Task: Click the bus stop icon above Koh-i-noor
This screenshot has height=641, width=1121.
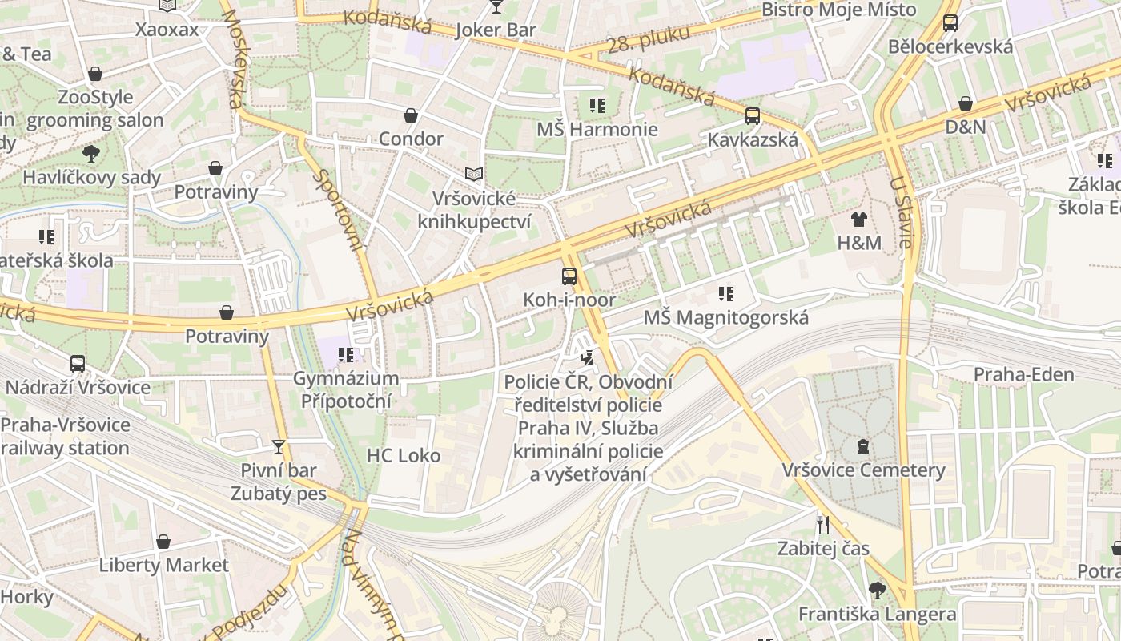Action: pos(569,276)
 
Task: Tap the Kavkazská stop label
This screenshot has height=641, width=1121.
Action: pos(752,139)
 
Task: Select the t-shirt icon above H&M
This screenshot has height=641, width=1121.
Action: pos(859,219)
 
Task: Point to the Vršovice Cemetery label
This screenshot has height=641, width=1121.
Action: pos(863,470)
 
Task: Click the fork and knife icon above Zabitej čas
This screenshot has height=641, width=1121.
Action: pos(822,525)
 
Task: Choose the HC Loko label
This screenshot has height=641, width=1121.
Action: pos(404,455)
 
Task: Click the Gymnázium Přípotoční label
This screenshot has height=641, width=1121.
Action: pos(346,389)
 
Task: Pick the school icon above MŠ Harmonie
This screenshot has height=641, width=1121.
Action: pos(597,106)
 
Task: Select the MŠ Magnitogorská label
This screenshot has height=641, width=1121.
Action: pos(726,317)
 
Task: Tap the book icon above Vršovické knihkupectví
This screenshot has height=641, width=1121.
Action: pos(474,174)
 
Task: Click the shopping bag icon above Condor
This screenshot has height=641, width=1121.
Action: pos(411,116)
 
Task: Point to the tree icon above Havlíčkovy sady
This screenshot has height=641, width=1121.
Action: pos(91,153)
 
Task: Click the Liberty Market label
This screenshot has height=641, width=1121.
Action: pos(163,565)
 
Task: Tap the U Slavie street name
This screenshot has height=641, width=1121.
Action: pos(900,212)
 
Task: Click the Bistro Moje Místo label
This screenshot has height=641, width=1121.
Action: pos(838,10)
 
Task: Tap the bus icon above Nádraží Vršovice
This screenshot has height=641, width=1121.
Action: pos(78,364)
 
